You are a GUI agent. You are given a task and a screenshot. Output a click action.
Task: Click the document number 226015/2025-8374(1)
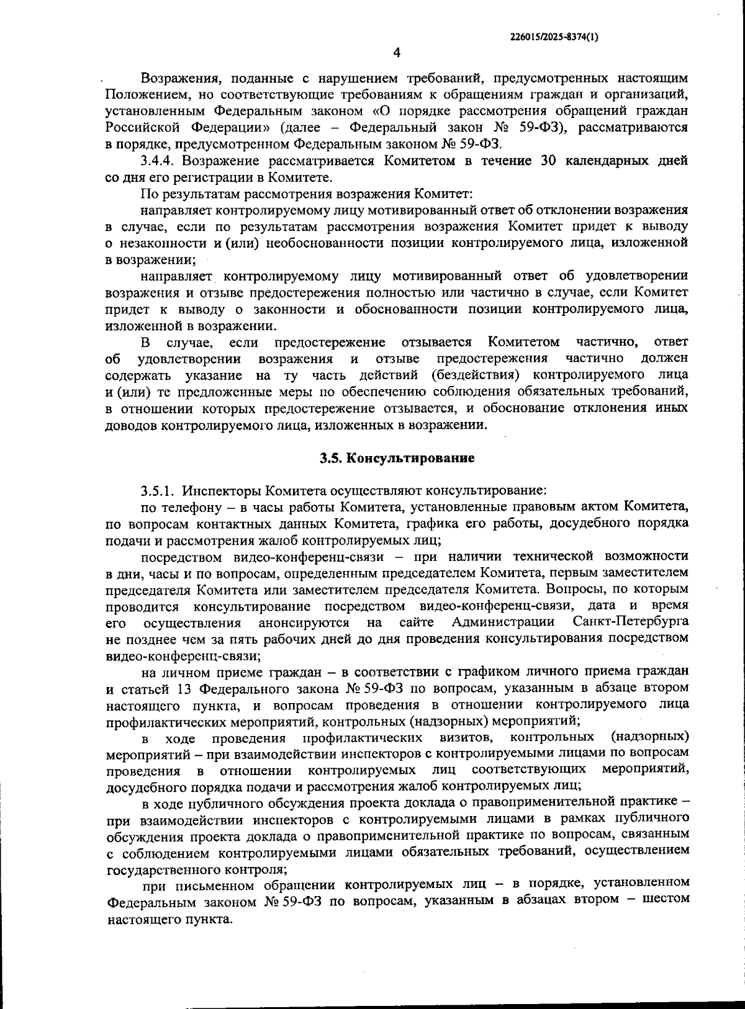click(554, 37)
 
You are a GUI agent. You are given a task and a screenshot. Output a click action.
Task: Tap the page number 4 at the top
click(397, 53)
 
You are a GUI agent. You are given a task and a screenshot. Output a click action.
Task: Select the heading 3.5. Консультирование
click(397, 459)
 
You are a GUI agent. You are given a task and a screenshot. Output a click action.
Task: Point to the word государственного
click(157, 869)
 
